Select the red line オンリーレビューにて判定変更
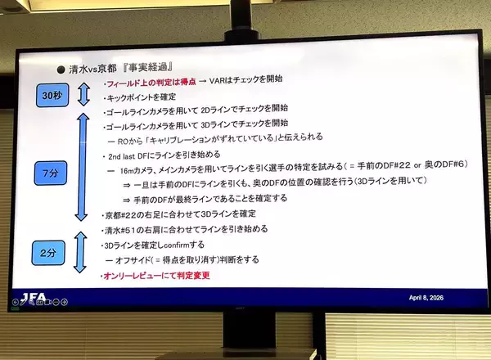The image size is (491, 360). point(156,277)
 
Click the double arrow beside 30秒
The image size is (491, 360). point(82,95)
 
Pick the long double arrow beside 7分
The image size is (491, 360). point(81,168)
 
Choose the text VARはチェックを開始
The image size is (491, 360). point(245,80)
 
